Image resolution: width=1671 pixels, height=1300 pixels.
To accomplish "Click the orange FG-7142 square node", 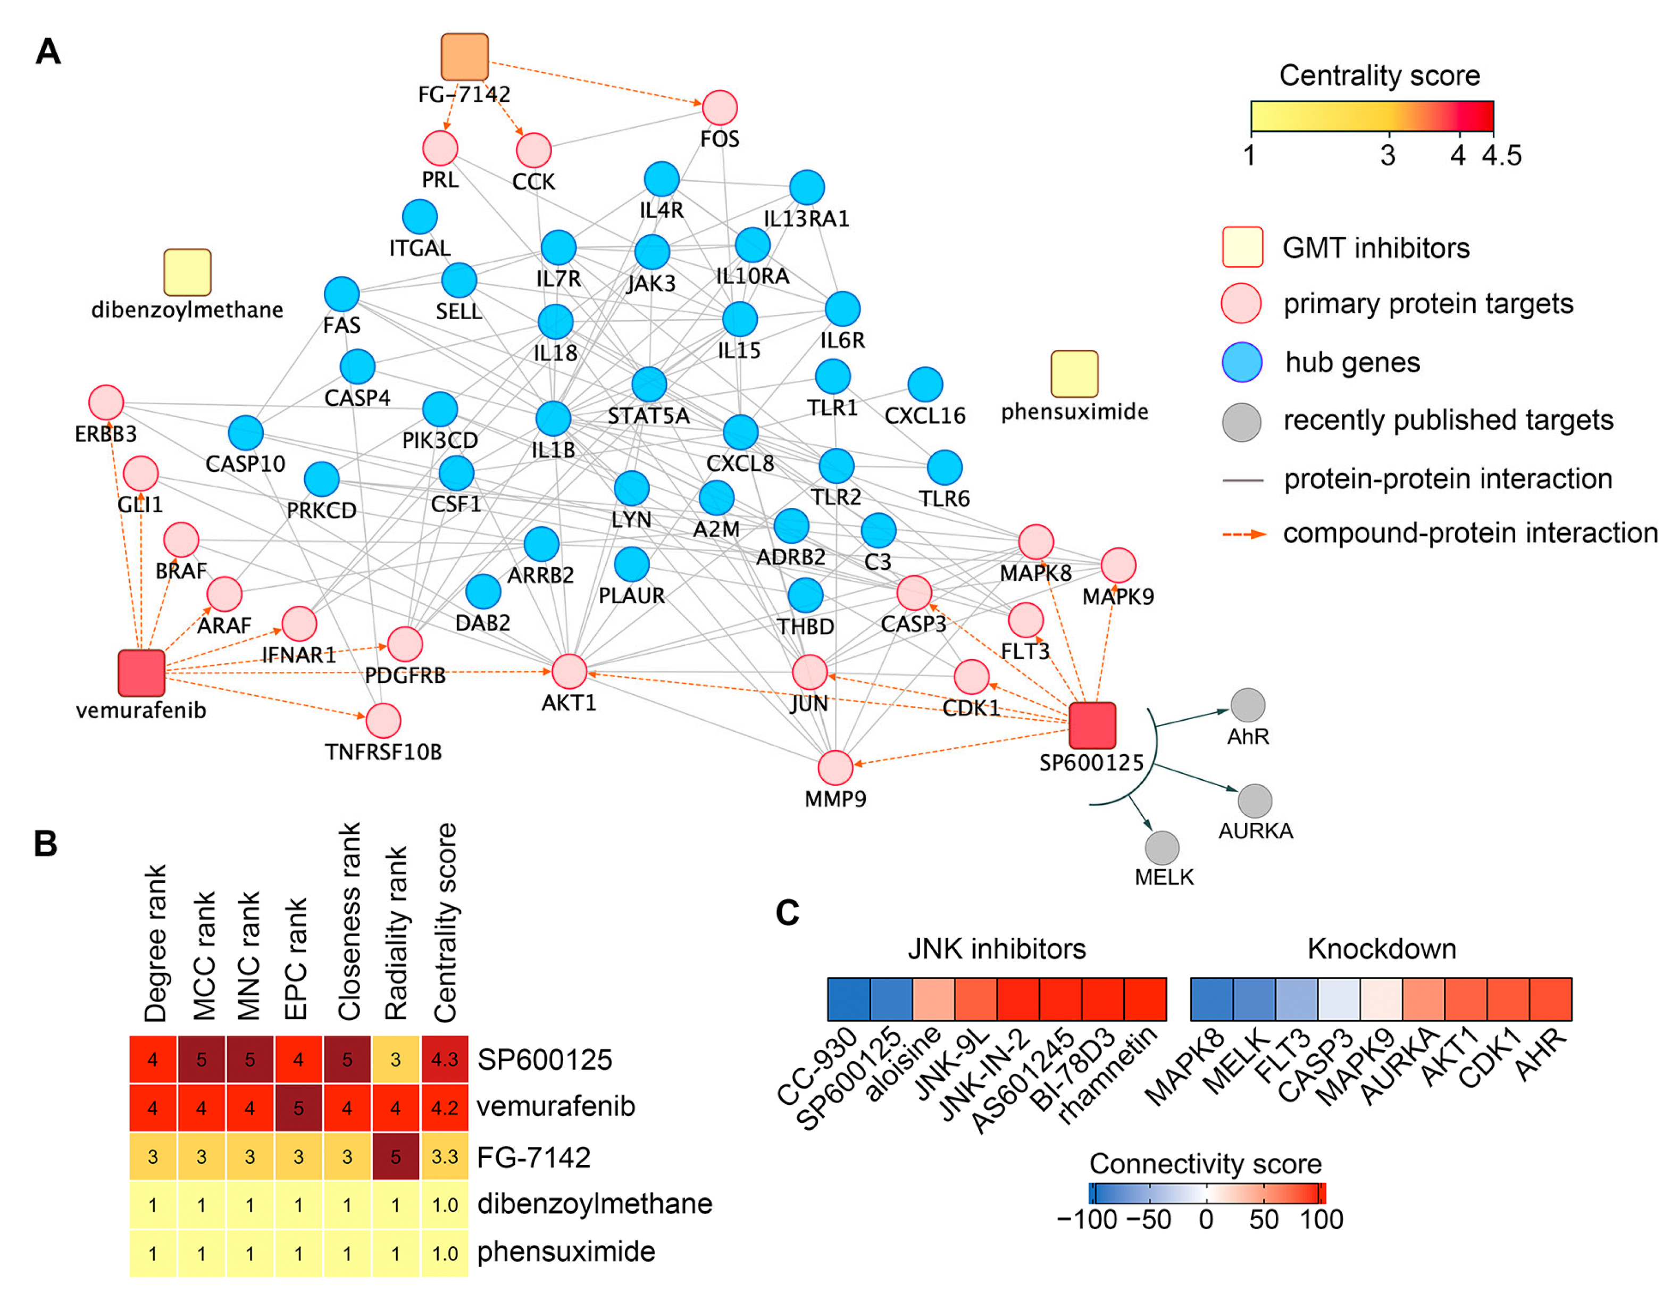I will point(464,56).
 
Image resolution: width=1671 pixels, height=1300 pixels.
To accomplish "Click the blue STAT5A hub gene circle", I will point(649,384).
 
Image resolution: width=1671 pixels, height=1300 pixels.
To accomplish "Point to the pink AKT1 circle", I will point(569,672).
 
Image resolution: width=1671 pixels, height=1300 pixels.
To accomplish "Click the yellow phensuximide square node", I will point(1074,374).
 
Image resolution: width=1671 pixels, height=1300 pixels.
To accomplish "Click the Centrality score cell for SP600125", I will point(445,1060).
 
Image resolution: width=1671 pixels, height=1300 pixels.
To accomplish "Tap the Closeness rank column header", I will point(349,922).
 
